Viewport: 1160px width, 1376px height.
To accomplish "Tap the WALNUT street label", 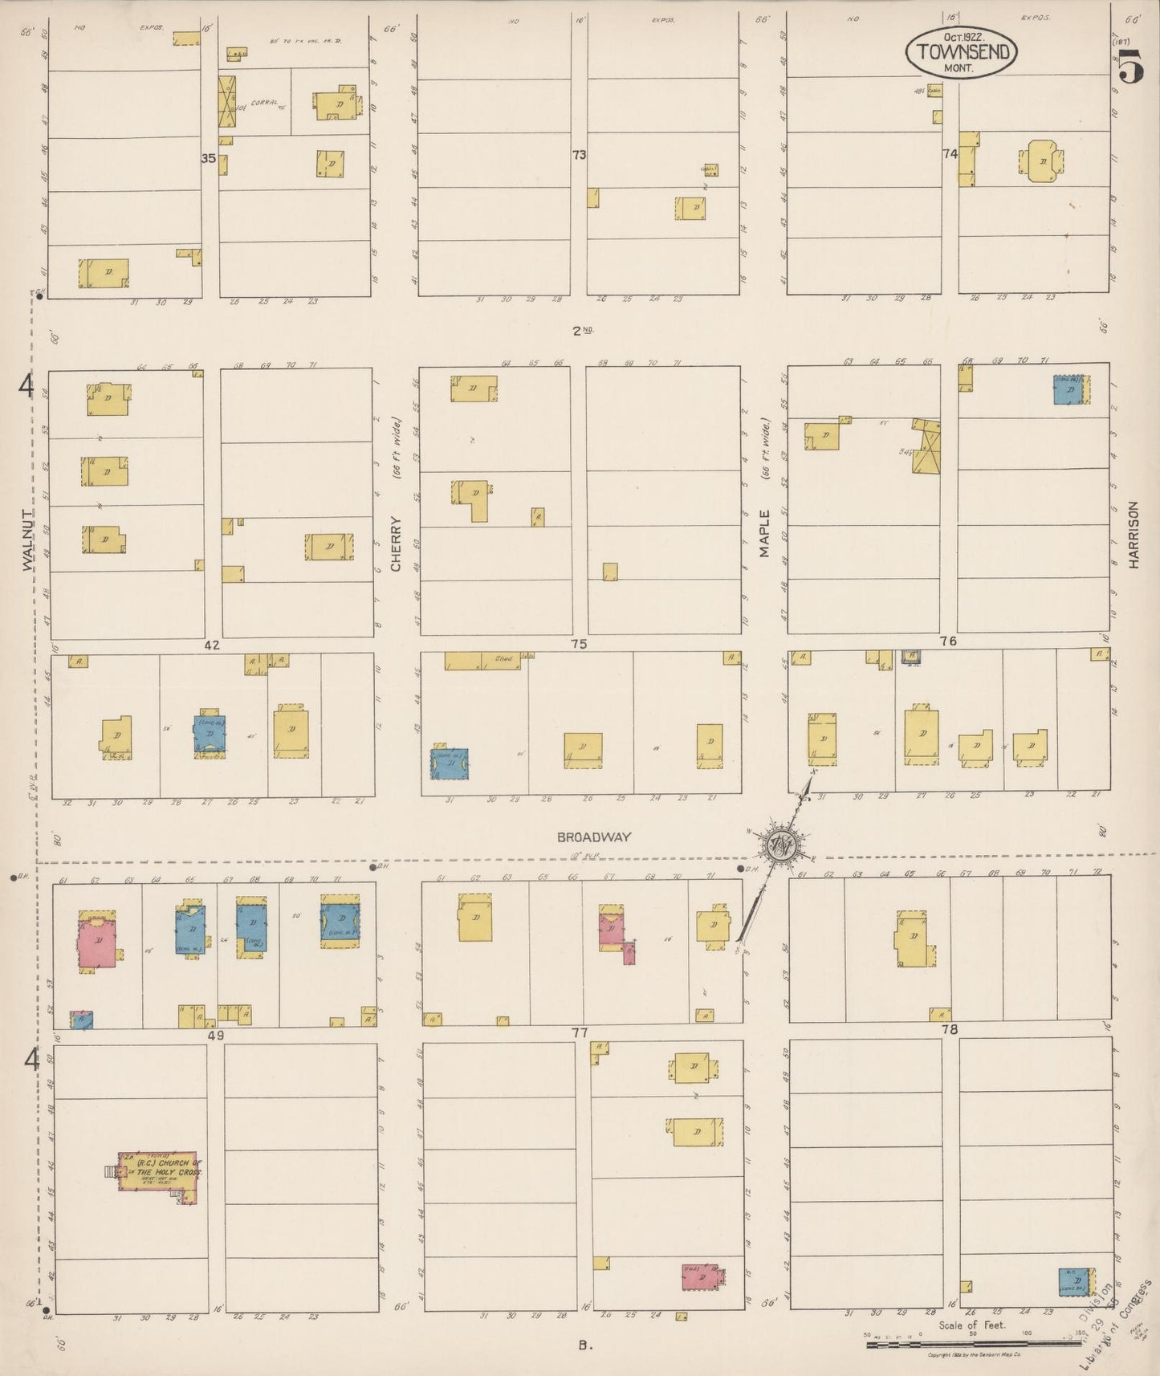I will (29, 540).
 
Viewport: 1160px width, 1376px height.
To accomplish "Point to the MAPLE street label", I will (764, 533).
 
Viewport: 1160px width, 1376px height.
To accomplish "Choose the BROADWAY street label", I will (594, 837).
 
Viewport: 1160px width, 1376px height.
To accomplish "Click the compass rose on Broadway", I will (778, 845).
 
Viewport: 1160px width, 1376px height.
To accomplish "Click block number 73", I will (579, 155).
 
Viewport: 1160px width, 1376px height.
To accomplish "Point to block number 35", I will (208, 158).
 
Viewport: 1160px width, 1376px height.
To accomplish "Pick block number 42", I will (212, 645).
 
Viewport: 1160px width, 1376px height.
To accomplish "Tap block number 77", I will (580, 1032).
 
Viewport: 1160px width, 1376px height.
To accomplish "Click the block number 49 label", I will (215, 1036).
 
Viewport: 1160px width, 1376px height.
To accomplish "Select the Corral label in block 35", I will (264, 103).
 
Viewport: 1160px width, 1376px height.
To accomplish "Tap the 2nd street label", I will (582, 330).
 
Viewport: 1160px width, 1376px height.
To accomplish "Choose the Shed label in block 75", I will (503, 659).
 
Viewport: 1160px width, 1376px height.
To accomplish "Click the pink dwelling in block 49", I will (97, 941).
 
